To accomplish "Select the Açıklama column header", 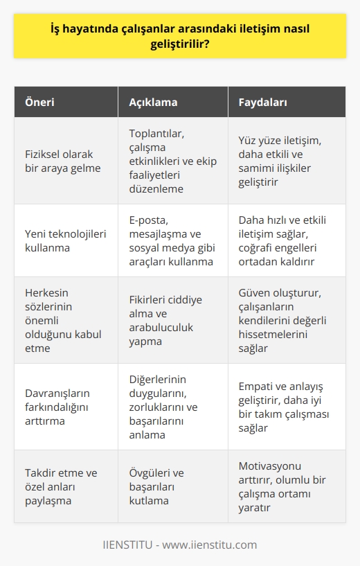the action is [153, 102].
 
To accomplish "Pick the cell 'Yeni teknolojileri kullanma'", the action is [65, 240].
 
